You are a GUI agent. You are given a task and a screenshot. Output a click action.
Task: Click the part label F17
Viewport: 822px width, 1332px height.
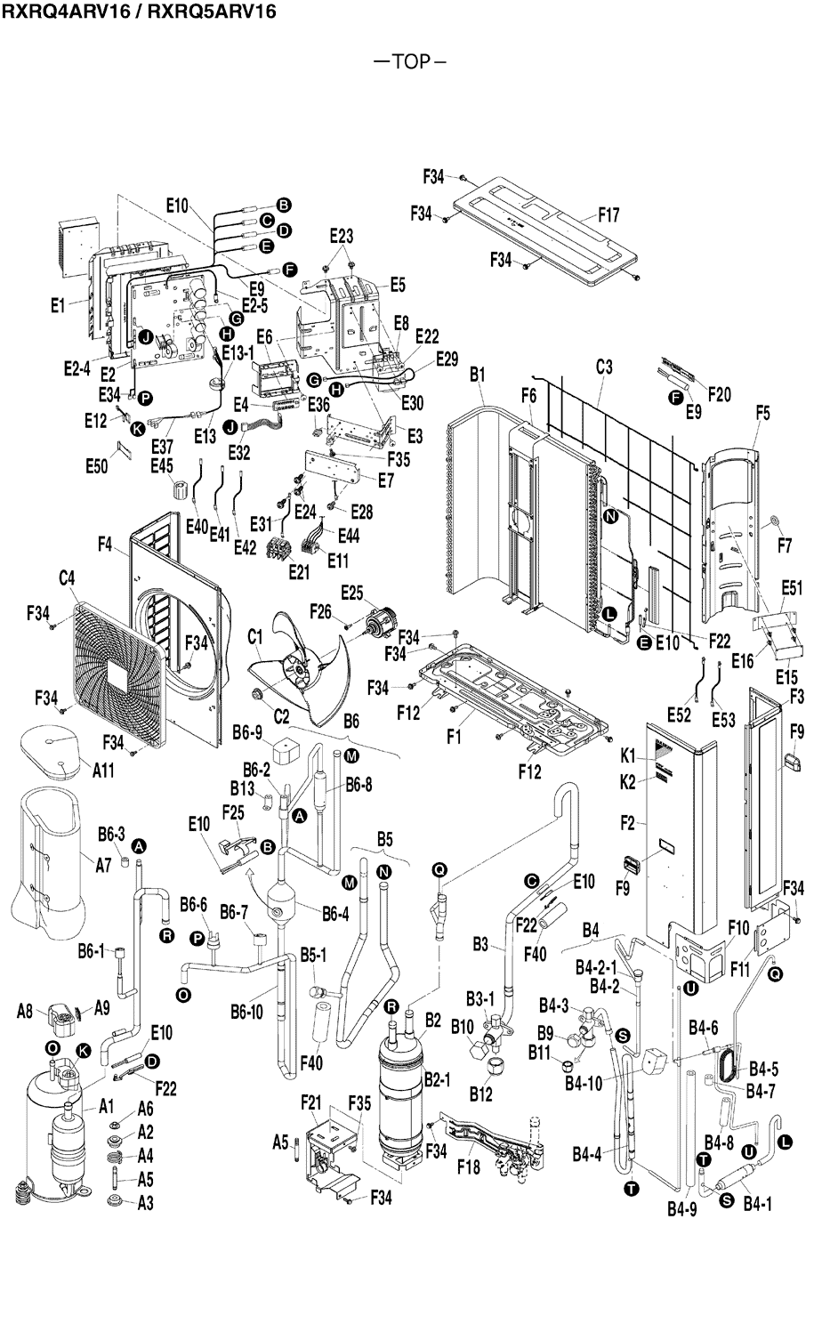coord(608,215)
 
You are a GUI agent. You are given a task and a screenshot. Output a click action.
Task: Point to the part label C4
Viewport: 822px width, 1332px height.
coord(68,578)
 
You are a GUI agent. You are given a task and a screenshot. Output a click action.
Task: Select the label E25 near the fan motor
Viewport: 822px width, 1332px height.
coord(351,593)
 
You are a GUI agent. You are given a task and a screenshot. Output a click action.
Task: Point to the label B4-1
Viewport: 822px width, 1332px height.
coord(757,1204)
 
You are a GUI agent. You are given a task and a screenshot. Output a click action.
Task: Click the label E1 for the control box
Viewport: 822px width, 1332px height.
coord(57,305)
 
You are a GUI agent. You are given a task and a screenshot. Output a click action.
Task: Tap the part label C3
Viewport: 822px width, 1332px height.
coord(604,367)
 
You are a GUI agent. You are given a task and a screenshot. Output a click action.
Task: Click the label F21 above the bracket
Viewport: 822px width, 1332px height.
coord(310,1102)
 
